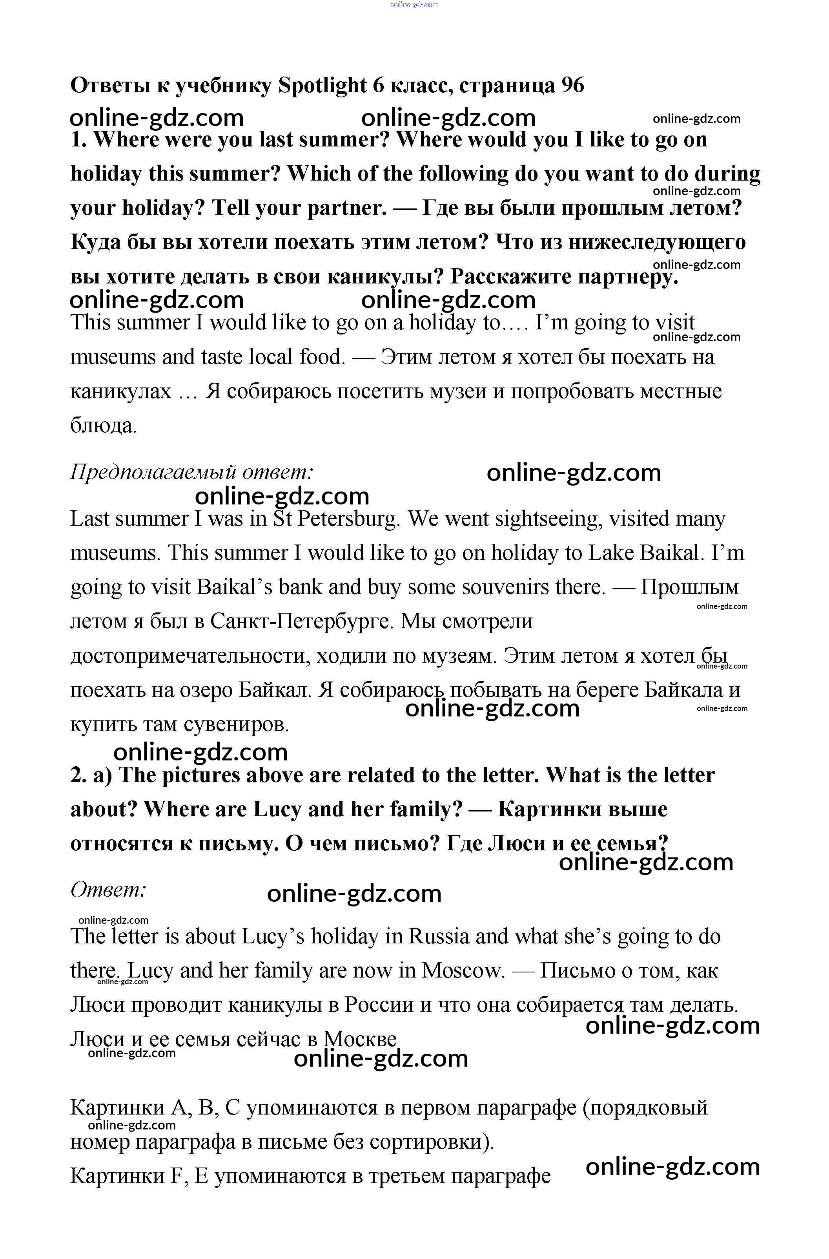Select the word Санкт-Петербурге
(302, 621)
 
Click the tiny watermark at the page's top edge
(414, 4)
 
